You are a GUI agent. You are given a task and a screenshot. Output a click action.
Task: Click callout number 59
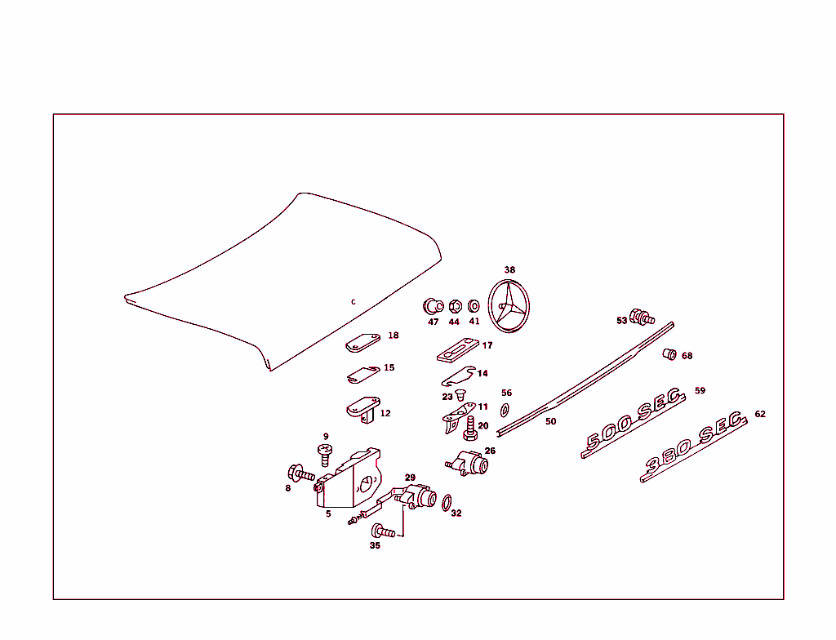click(700, 391)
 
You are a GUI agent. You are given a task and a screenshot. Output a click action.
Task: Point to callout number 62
click(760, 414)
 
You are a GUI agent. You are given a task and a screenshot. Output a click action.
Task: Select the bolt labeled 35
click(383, 531)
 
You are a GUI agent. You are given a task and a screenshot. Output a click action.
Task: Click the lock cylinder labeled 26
click(472, 464)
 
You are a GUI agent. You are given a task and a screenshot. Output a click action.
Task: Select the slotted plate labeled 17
click(456, 351)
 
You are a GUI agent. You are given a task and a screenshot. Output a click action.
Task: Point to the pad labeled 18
click(363, 342)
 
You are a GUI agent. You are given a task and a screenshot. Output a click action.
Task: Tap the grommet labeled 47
click(433, 307)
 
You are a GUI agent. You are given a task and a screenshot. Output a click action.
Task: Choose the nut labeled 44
click(456, 307)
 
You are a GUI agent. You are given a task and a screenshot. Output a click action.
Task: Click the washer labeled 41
click(474, 308)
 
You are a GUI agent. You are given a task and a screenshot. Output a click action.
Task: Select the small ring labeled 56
click(505, 408)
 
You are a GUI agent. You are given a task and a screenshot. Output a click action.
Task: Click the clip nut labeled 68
click(669, 353)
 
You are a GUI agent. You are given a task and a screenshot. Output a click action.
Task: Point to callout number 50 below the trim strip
click(550, 421)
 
